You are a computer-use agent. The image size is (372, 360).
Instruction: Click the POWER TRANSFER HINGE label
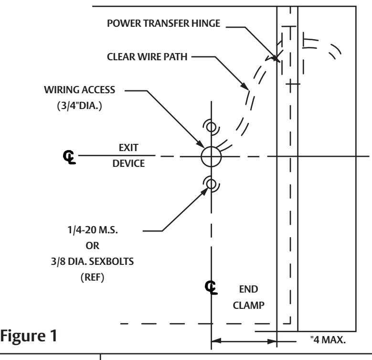(x=163, y=23)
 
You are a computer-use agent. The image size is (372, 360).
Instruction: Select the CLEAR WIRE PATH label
(x=147, y=57)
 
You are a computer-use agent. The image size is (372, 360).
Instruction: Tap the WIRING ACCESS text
(x=79, y=90)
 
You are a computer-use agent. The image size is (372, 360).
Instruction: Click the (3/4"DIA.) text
(x=79, y=106)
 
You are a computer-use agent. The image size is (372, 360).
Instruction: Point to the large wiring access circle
(x=211, y=147)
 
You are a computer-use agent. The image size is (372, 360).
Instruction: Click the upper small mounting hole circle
(x=211, y=122)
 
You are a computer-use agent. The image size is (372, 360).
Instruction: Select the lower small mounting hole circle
(x=211, y=180)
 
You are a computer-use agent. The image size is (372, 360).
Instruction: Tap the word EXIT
(x=128, y=148)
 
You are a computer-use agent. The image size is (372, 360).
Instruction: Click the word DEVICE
(x=128, y=164)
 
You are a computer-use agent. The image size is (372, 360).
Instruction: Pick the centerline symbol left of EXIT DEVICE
(x=69, y=157)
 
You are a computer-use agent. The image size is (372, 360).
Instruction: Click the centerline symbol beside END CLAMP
(x=211, y=288)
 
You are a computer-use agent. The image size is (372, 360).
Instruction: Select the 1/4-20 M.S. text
(x=93, y=230)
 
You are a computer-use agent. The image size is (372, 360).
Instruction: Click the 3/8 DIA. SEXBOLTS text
(x=92, y=262)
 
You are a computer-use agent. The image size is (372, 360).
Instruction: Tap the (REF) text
(x=92, y=277)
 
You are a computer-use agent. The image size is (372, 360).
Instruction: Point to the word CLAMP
(x=249, y=305)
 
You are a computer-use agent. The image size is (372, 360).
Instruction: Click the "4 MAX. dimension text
(x=328, y=340)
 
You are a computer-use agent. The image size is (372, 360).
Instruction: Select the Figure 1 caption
(x=29, y=336)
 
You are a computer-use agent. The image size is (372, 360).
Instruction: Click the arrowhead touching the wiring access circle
(x=200, y=144)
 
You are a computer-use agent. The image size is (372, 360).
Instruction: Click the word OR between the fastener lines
(x=92, y=246)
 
